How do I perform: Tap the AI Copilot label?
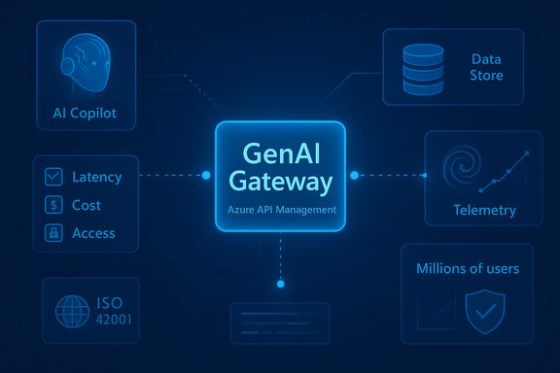coord(85,113)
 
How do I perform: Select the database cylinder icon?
coord(422,66)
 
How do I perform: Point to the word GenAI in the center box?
coord(280,153)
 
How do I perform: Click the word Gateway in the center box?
coord(280,181)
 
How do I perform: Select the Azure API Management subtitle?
coord(280,210)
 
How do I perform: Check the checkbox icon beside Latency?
coord(54,177)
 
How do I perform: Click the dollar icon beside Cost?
coord(54,205)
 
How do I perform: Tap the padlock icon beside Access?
coord(54,233)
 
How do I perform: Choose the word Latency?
coord(97,177)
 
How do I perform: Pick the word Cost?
coord(87,205)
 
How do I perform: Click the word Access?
coord(93,233)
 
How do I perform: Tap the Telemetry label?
coord(484,210)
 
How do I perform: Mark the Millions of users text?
coord(467,268)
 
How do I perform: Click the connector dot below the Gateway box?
coord(280,284)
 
